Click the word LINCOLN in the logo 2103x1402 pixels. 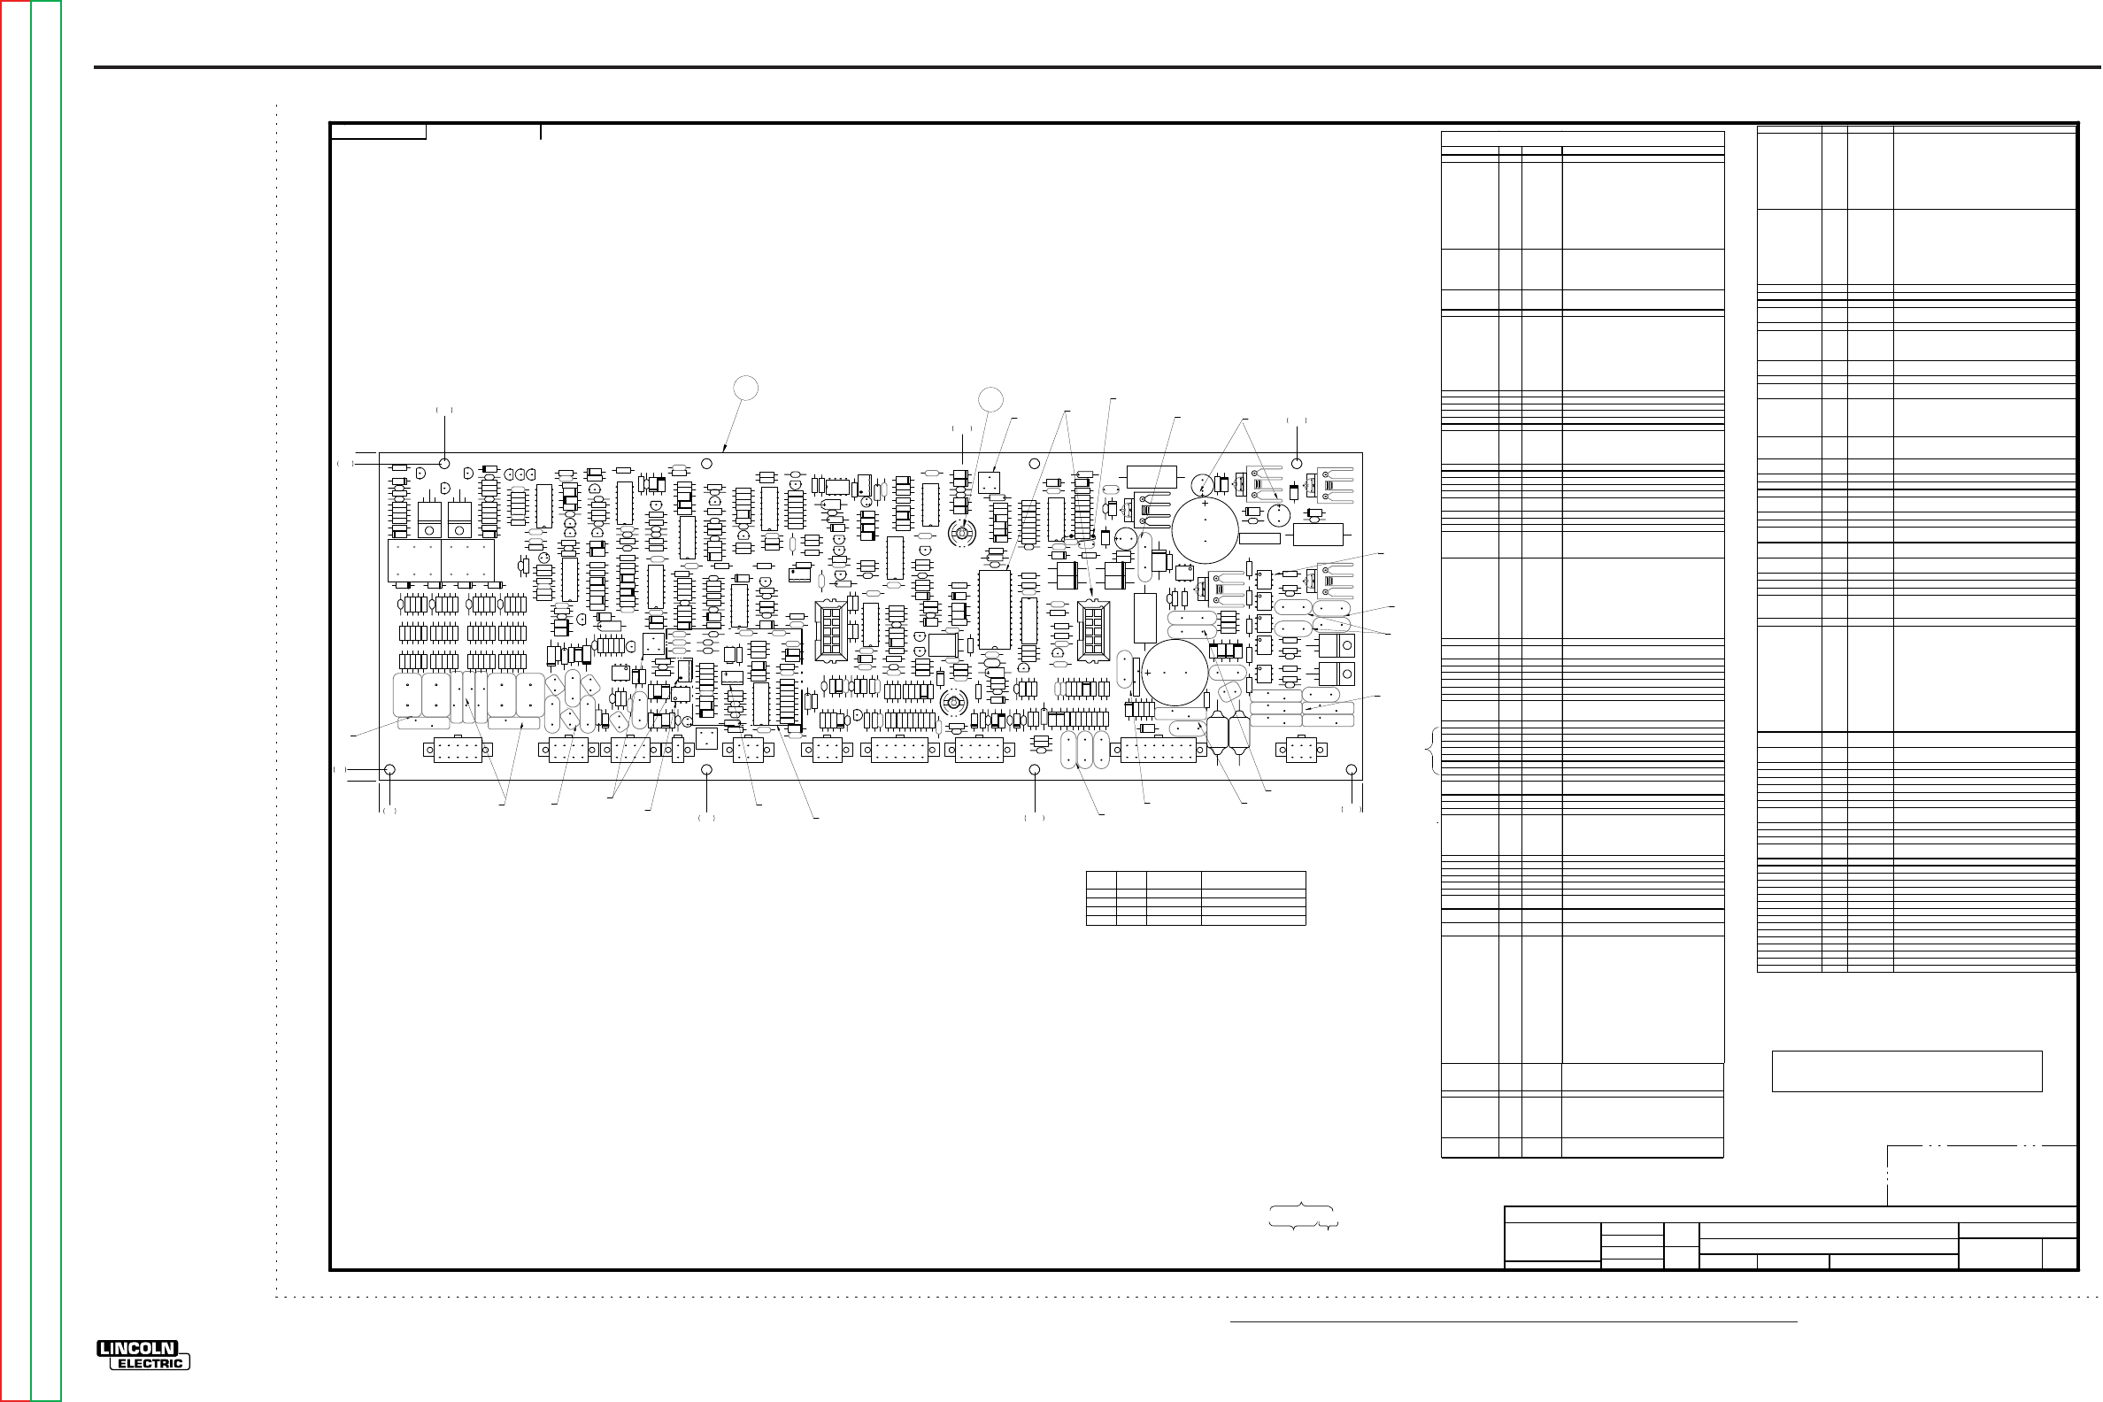coord(138,1348)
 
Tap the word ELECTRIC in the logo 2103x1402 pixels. coord(151,1364)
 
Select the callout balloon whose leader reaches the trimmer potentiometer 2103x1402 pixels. coord(990,400)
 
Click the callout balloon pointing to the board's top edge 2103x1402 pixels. coord(746,388)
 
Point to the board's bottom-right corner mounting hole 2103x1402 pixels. coord(1351,770)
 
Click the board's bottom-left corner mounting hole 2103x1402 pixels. coord(389,770)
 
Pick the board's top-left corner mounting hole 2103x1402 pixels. coord(444,463)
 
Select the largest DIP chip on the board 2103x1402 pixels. coord(994,609)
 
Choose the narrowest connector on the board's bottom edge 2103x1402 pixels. coord(677,750)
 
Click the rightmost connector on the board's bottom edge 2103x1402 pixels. coord(1301,750)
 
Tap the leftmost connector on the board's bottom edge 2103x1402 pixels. coord(458,751)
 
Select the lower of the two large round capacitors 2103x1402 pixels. coord(1175,673)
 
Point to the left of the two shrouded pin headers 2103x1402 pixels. coord(830,631)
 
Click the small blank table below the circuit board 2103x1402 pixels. coord(1196,897)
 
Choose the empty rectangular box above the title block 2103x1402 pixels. coord(1907,1071)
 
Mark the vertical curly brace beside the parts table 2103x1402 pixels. coord(1433,751)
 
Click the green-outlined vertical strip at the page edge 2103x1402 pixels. coord(47,701)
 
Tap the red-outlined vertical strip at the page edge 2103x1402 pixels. coord(16,701)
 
